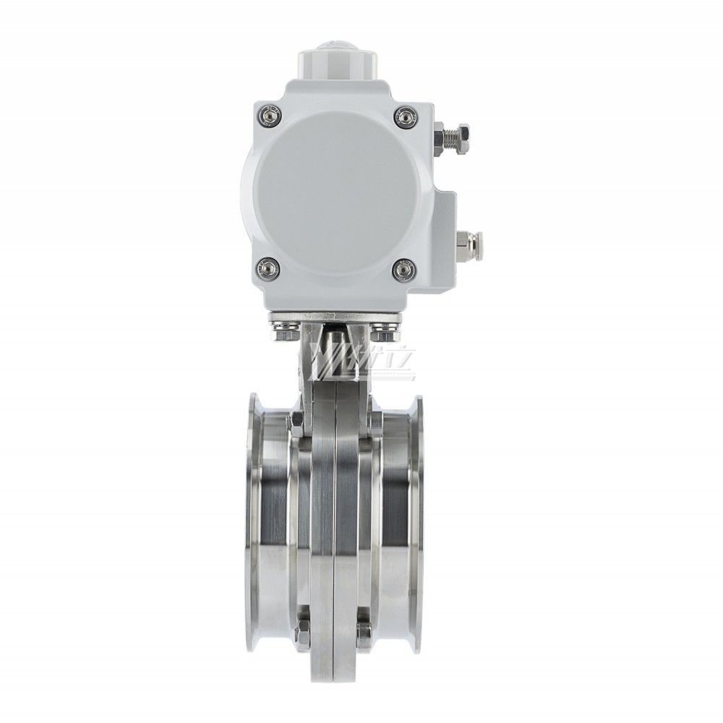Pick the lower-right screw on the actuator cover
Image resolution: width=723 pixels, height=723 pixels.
pos(403,270)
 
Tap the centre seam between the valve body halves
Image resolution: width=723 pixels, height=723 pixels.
pos(335,521)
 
